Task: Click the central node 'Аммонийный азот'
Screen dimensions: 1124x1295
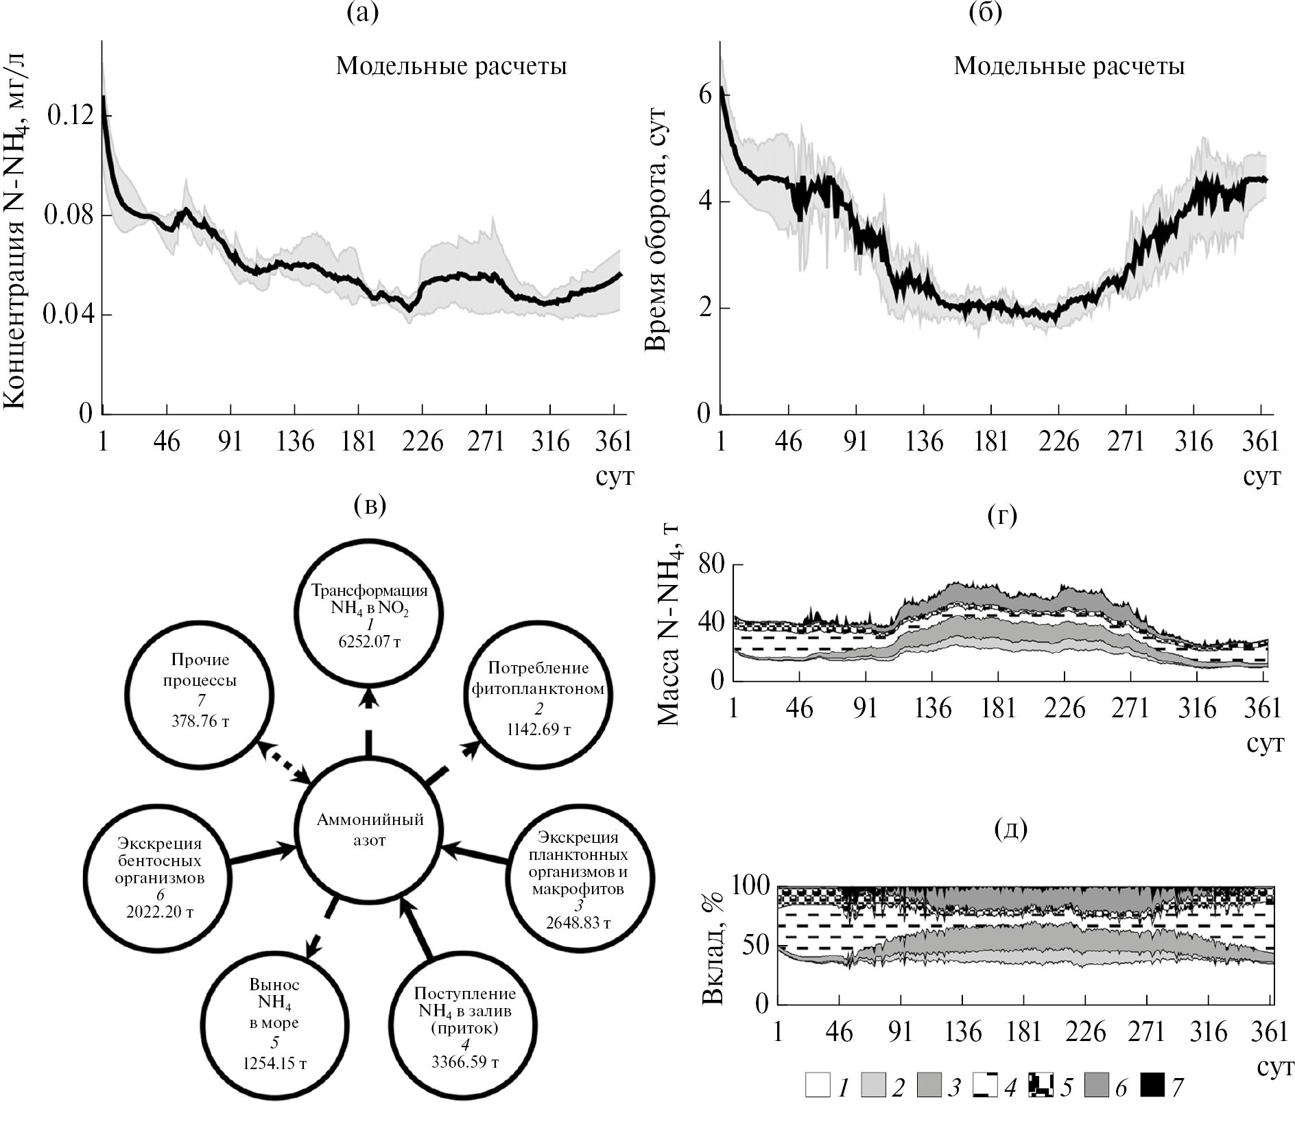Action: coord(370,830)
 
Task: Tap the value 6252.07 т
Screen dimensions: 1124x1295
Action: coord(369,642)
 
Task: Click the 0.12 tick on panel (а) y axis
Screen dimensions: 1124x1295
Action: coord(69,115)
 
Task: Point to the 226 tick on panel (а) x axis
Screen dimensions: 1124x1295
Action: coord(422,441)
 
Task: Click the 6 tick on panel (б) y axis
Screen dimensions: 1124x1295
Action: coord(704,95)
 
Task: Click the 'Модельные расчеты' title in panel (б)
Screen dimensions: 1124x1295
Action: coord(1069,67)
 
